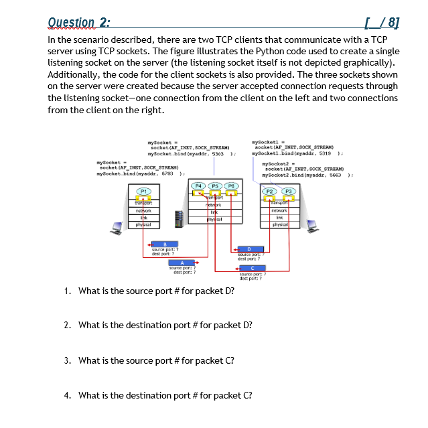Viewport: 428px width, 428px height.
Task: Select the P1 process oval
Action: click(x=142, y=192)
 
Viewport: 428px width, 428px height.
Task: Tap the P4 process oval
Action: click(x=199, y=185)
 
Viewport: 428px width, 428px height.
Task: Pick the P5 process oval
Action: click(x=216, y=185)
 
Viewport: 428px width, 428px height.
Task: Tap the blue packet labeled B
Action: click(x=156, y=244)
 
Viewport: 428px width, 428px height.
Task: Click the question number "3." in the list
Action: click(x=68, y=360)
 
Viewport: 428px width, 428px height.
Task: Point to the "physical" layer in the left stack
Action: click(x=142, y=225)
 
